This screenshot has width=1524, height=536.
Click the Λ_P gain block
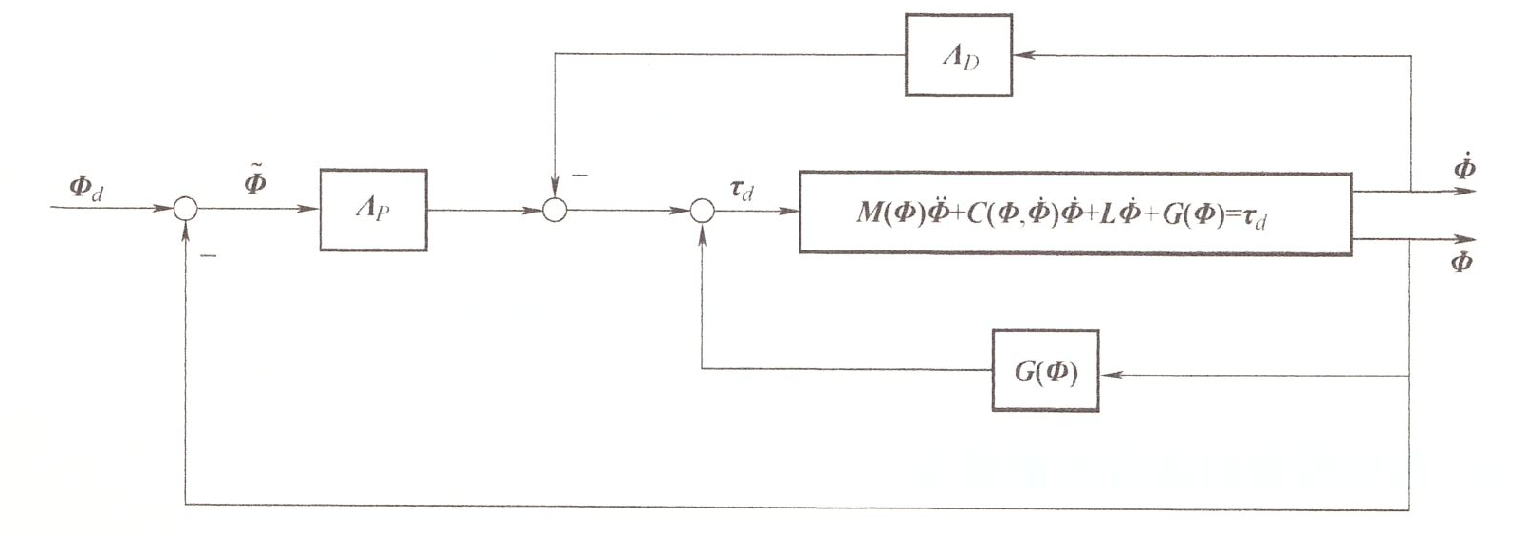pyautogui.click(x=373, y=210)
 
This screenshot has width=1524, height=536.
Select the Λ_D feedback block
pyautogui.click(x=959, y=55)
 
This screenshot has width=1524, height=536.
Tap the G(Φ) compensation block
pyautogui.click(x=1045, y=371)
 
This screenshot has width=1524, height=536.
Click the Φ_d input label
pyautogui.click(x=86, y=186)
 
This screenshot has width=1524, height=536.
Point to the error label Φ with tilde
pyautogui.click(x=254, y=179)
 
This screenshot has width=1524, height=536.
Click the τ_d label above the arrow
pyautogui.click(x=741, y=190)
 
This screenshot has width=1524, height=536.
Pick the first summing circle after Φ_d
pyautogui.click(x=186, y=210)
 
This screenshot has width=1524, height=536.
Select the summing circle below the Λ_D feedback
pyautogui.click(x=555, y=210)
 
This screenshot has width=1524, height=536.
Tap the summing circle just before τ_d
pyautogui.click(x=701, y=210)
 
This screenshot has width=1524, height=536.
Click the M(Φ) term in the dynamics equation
pyautogui.click(x=891, y=213)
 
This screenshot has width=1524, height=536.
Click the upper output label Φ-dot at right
pyautogui.click(x=1463, y=169)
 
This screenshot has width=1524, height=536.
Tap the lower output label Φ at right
pyautogui.click(x=1461, y=261)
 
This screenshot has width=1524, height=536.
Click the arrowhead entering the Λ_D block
pyautogui.click(x=1022, y=55)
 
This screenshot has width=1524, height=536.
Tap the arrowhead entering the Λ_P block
pyautogui.click(x=310, y=210)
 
